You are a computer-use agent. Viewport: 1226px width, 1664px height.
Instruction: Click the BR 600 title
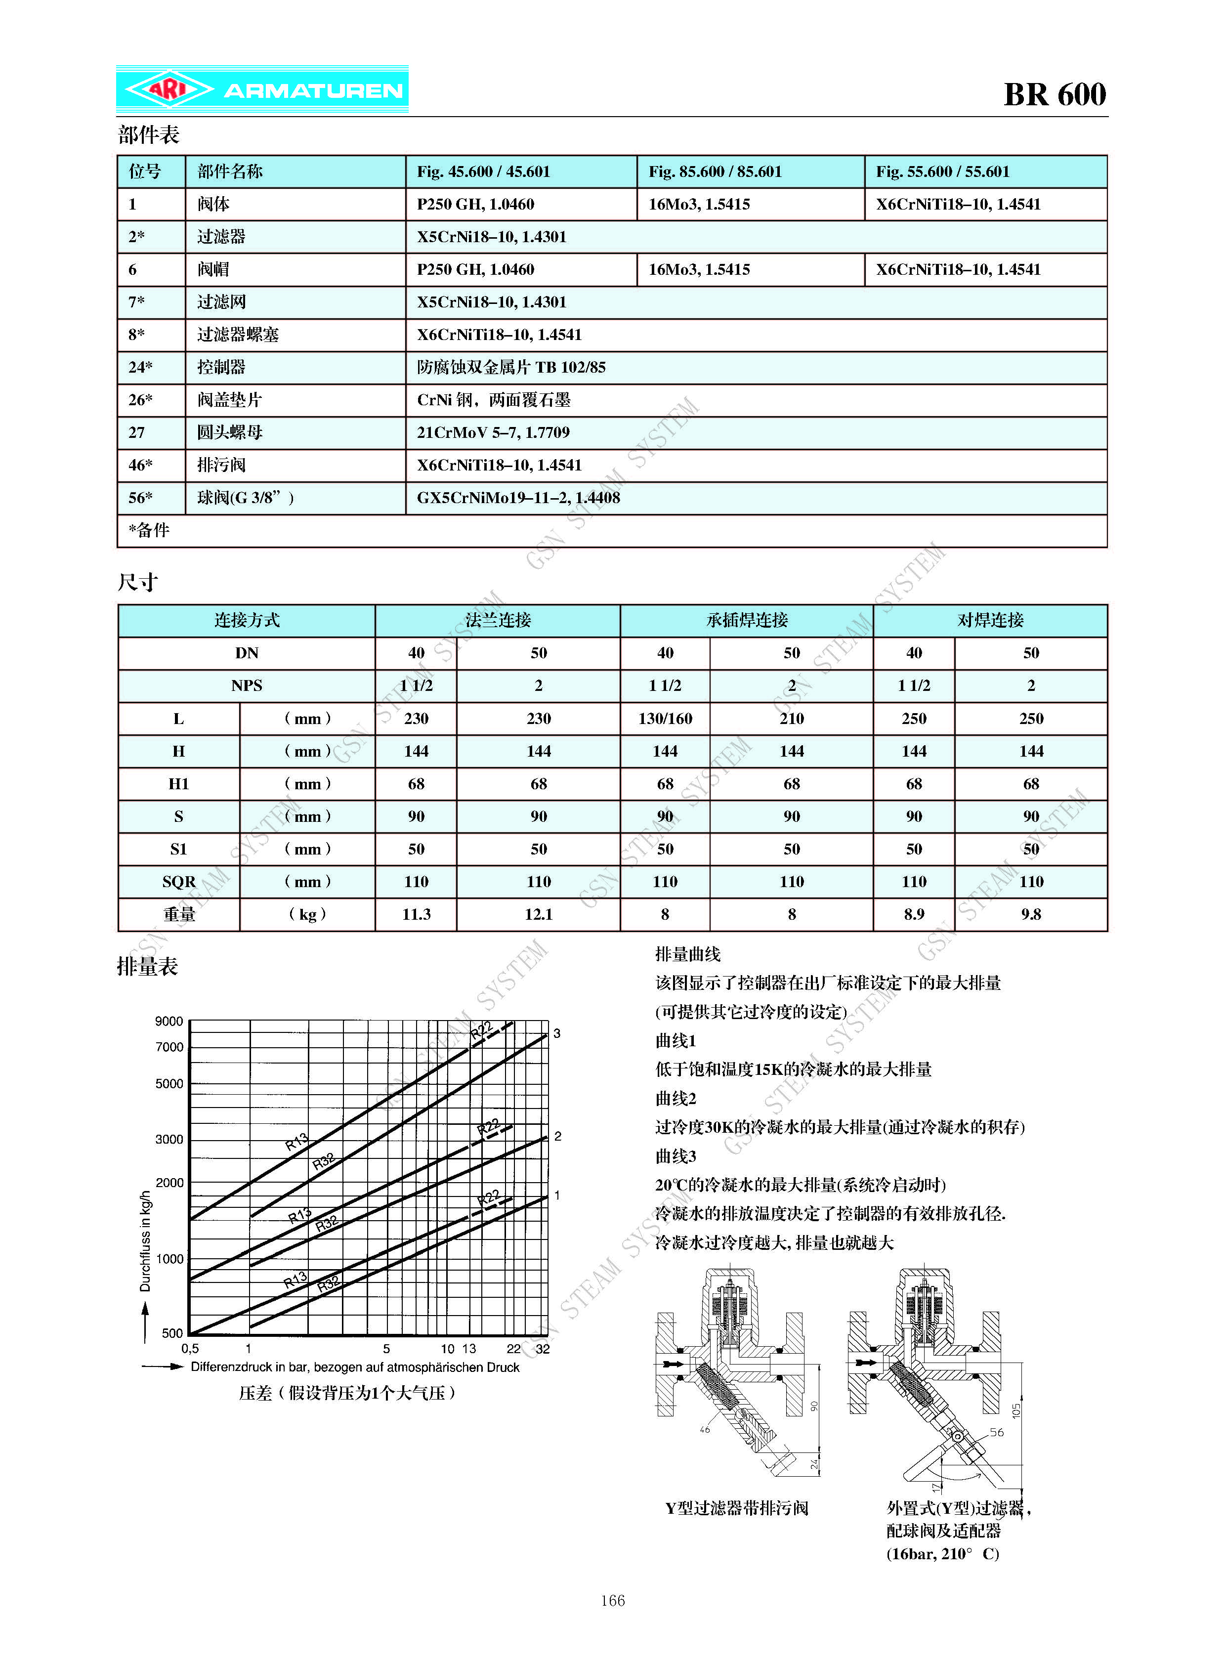(1054, 95)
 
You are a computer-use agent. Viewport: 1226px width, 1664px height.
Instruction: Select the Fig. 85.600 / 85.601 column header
(715, 171)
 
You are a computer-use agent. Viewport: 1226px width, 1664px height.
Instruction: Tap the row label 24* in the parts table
(140, 367)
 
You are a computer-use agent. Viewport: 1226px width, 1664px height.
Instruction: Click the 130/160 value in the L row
(665, 719)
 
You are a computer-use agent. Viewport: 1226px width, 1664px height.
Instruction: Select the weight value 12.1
(538, 914)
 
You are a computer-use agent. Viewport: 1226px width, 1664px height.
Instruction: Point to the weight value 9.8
(1030, 914)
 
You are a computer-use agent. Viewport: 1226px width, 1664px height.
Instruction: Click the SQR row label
(179, 882)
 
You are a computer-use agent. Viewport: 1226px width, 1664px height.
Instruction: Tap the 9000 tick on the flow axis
(169, 1021)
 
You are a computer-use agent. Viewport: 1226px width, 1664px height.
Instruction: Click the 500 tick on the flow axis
(172, 1333)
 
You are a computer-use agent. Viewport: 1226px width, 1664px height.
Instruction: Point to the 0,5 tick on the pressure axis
(190, 1349)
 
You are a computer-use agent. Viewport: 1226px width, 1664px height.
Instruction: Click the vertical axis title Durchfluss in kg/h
(145, 1241)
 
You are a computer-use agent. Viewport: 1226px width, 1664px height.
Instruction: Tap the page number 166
(612, 1601)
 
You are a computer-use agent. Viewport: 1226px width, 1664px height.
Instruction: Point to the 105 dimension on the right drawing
(1016, 1410)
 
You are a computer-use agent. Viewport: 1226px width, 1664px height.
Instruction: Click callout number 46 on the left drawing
(705, 1429)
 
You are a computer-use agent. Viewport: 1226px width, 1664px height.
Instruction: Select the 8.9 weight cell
(914, 914)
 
